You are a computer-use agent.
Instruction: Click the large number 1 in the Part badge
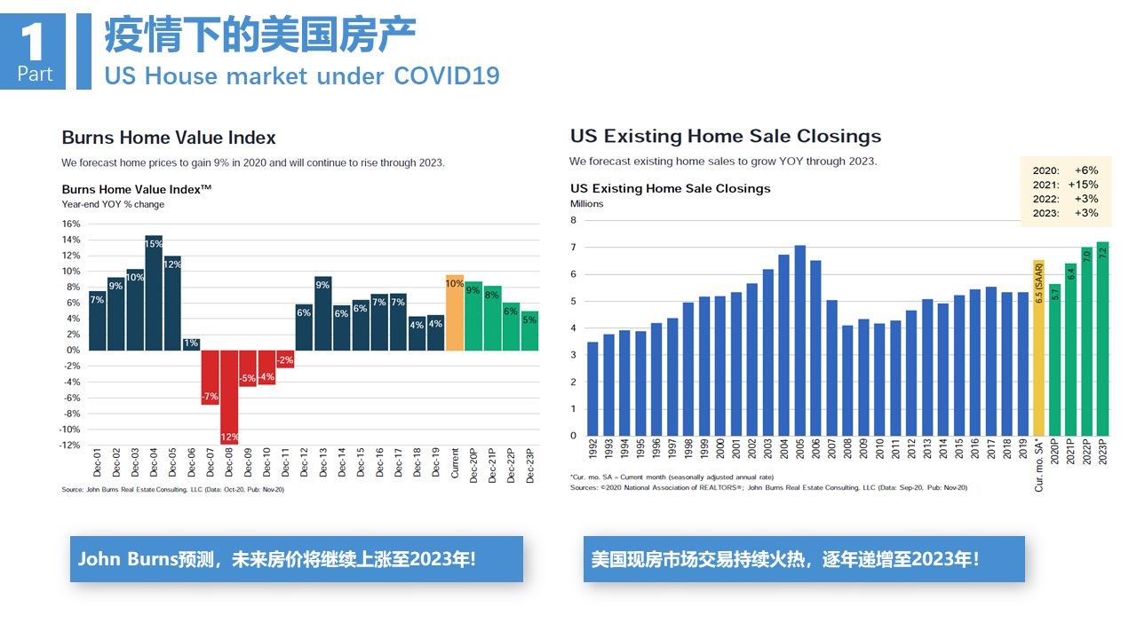[33, 42]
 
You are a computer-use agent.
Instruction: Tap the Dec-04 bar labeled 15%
[154, 293]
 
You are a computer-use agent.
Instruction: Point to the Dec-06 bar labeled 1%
[191, 344]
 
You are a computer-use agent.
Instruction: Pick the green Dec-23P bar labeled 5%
[529, 330]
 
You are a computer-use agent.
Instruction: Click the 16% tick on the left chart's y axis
[71, 224]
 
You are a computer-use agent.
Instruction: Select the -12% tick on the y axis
[69, 446]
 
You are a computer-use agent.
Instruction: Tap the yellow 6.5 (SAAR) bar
[1038, 348]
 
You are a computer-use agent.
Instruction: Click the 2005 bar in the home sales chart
[799, 341]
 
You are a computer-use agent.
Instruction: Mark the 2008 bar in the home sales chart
[847, 381]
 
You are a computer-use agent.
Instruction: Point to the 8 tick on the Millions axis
[573, 220]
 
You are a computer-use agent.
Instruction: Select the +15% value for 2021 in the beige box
[1083, 185]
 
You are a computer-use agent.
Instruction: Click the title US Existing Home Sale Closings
[726, 136]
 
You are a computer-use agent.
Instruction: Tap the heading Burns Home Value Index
[169, 138]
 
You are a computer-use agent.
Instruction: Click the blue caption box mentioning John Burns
[297, 559]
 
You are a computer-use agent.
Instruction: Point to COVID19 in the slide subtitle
[447, 75]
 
